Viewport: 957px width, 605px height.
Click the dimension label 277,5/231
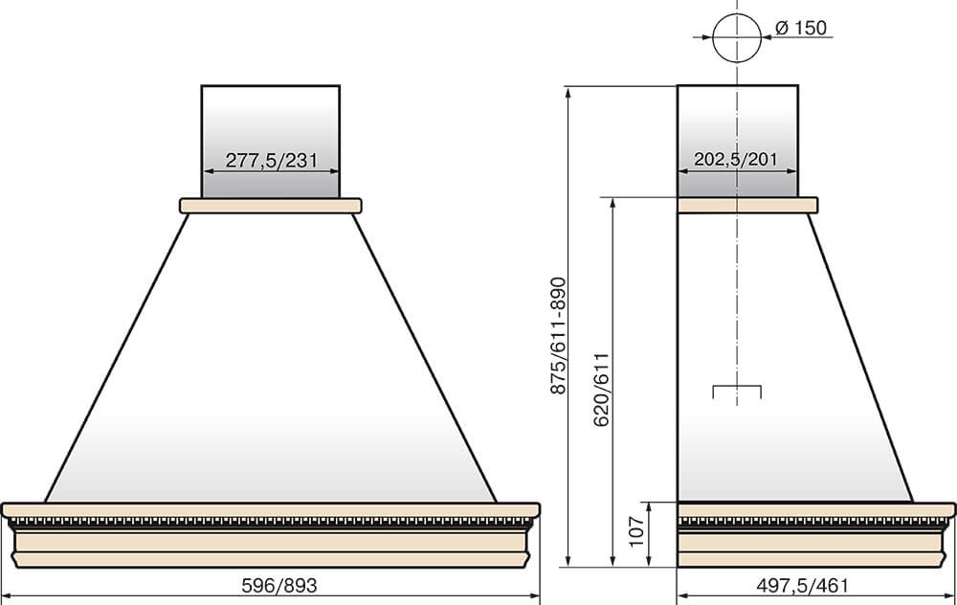(272, 160)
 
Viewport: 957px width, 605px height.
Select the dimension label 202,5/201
(736, 159)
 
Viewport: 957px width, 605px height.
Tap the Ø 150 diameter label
(801, 28)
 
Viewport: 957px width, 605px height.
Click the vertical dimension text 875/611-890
(559, 335)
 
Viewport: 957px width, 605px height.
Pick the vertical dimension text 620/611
(602, 391)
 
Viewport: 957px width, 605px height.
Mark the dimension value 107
(636, 531)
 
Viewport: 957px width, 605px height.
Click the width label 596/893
(279, 586)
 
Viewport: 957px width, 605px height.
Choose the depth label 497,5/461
(803, 586)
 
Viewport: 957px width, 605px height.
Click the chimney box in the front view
(271, 141)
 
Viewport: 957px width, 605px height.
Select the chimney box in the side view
(737, 141)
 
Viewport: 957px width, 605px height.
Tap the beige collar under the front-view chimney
(271, 206)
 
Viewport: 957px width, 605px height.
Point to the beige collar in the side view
(747, 205)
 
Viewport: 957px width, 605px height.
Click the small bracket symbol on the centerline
(737, 387)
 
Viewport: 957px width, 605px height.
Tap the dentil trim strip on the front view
(271, 523)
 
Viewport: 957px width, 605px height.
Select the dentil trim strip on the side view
(814, 523)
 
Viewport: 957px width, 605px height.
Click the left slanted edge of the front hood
(117, 358)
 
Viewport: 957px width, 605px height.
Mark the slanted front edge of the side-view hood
(860, 358)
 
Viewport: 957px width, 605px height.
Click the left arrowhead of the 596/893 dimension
(9, 595)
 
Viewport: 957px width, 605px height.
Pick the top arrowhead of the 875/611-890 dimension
(568, 93)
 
